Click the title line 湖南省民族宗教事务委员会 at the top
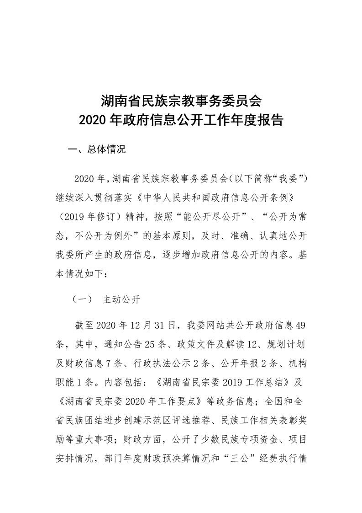pyautogui.click(x=181, y=100)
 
